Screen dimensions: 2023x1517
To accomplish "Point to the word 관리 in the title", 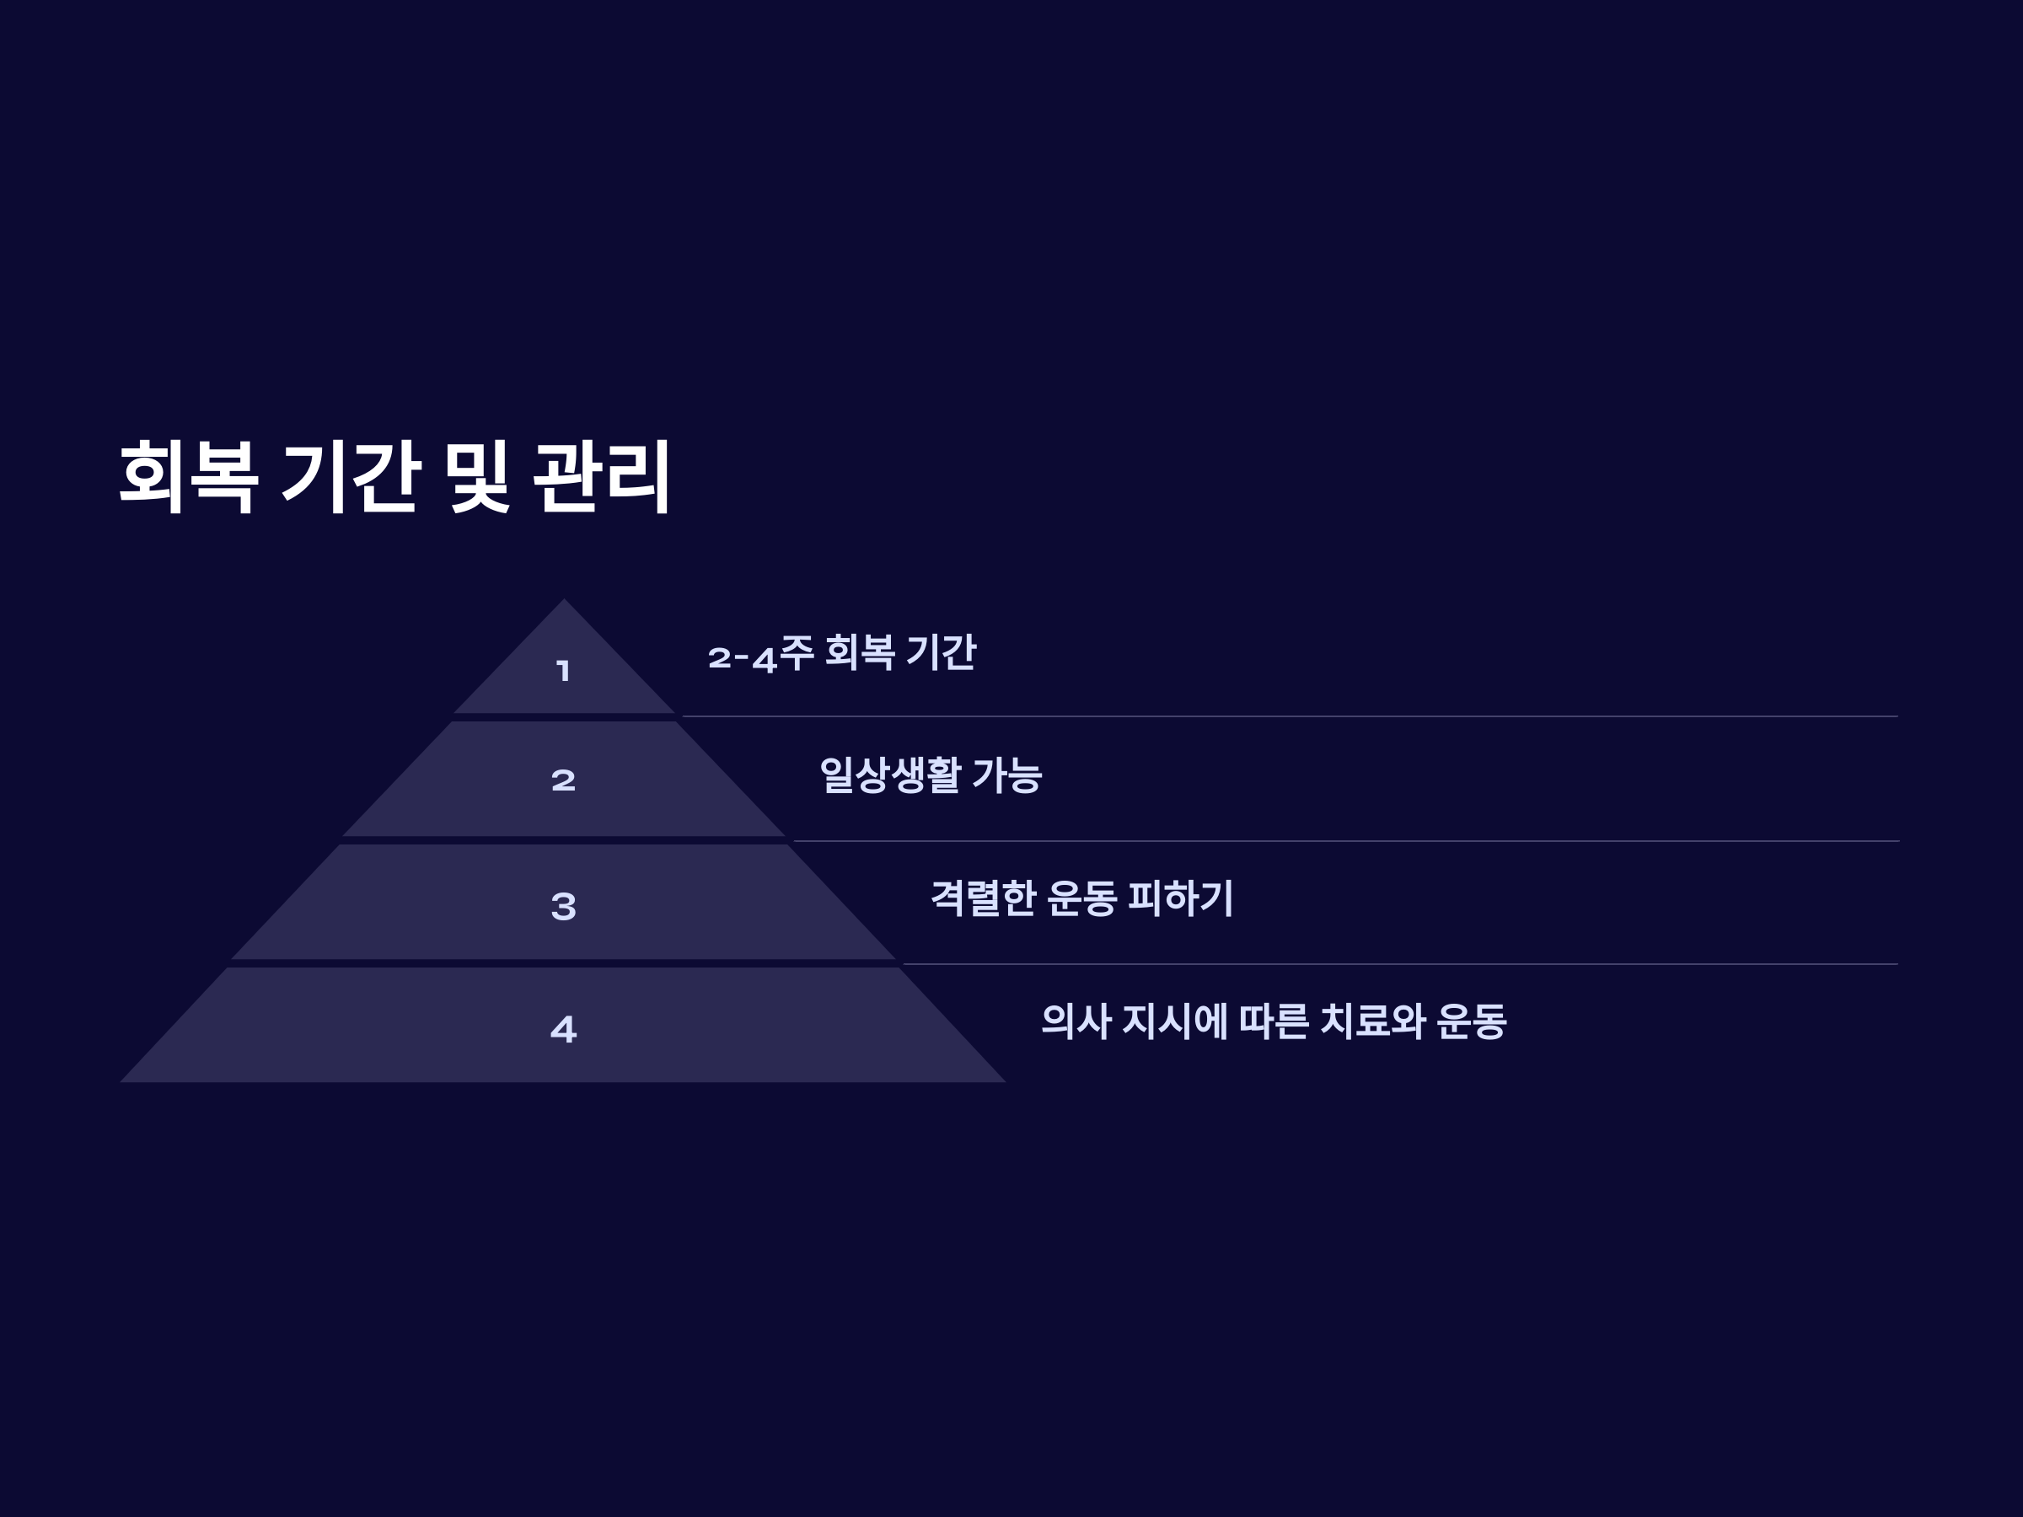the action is coord(603,476).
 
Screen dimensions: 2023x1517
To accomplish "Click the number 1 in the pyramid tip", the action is coord(563,671).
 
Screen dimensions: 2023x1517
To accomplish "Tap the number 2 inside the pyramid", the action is coord(563,780).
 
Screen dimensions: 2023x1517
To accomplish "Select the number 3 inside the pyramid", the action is coord(563,906).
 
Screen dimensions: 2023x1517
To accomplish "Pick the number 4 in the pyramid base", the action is coord(563,1030).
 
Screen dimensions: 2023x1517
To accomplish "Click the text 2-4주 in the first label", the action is coord(760,654).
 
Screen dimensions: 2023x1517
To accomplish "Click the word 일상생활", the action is coord(889,775).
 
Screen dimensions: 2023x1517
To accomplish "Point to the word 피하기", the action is coord(1181,898).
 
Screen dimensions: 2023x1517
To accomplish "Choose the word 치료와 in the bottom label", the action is coord(1371,1021).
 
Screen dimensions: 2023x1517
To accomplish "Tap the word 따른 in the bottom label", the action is coord(1274,1021).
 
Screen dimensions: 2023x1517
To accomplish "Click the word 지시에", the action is coord(1174,1021).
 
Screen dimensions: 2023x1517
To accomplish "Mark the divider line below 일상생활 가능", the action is coord(1344,841).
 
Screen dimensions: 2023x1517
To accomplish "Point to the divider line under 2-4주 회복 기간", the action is coord(1290,717).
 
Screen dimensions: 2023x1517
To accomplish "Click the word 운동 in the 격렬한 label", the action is coord(1081,898).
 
